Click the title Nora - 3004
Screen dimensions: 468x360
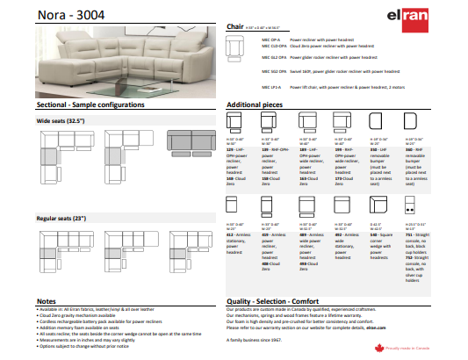point(64,13)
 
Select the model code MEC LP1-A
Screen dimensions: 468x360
point(272,88)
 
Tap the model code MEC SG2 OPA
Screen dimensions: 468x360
point(275,71)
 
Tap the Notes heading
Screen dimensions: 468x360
point(47,300)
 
